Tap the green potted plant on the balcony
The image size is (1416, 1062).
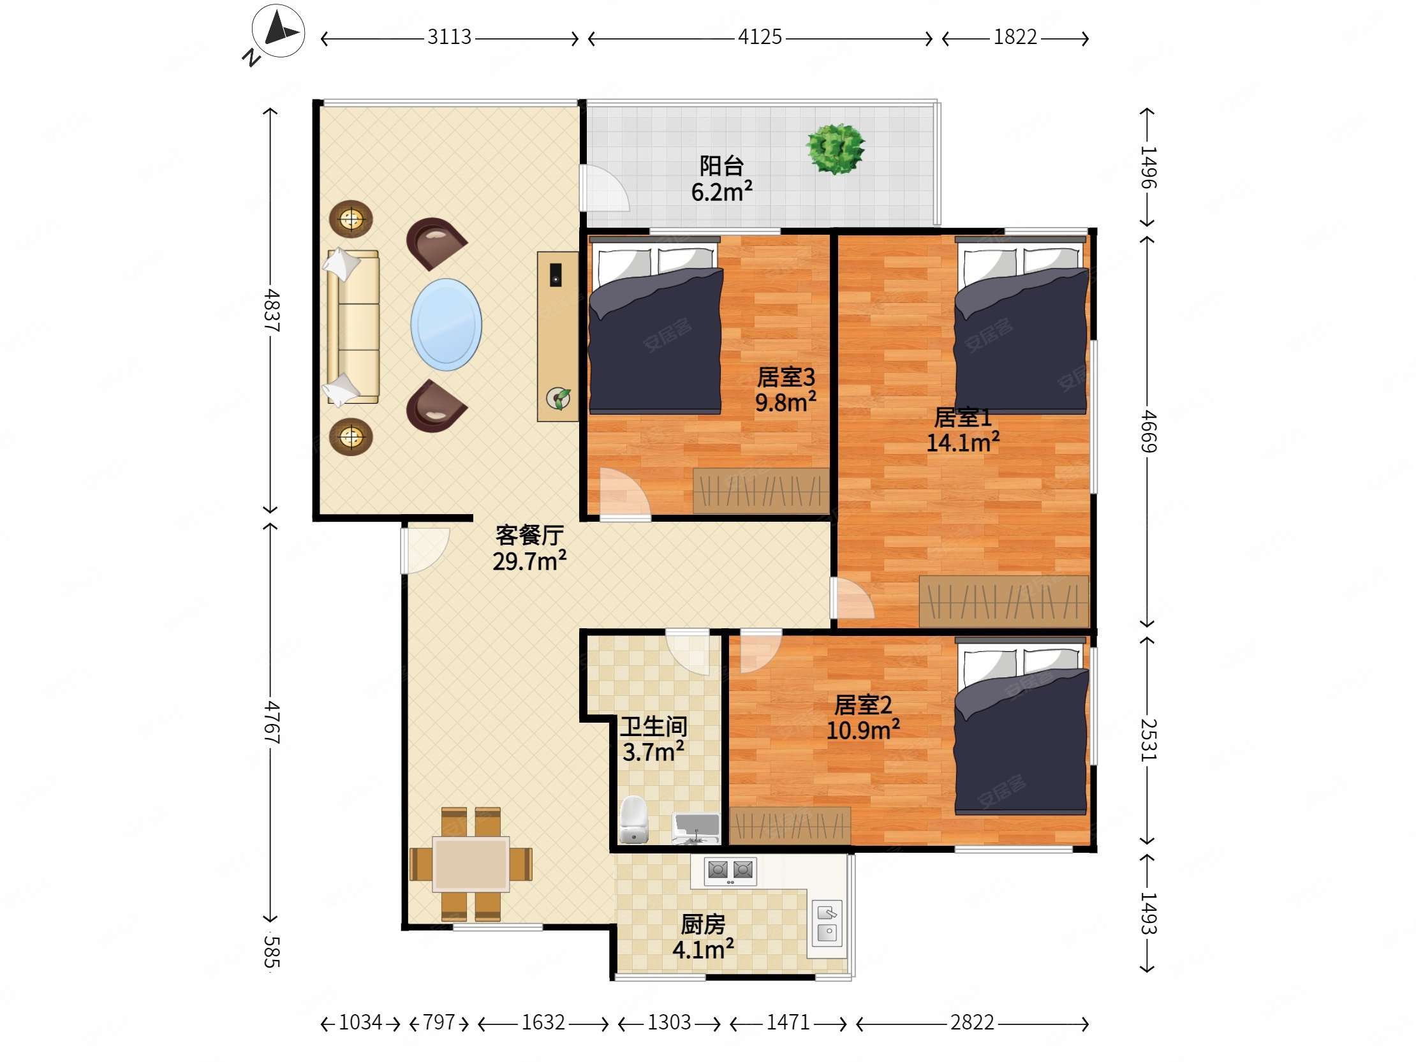coord(836,149)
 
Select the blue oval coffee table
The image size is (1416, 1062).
coord(446,324)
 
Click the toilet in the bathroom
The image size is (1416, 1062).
coord(634,820)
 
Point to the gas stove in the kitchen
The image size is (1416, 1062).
coord(730,871)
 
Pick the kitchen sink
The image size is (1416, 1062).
coord(827,924)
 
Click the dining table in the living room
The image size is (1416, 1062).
coord(471,864)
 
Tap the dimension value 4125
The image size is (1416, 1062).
coord(760,37)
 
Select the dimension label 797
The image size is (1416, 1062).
coord(439,1022)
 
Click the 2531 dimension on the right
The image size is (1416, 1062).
coord(1149,739)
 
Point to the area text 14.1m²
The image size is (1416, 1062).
coord(963,441)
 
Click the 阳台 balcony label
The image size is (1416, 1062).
coord(721,166)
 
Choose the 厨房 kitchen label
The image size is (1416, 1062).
coord(703,924)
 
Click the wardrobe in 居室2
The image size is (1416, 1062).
coord(790,826)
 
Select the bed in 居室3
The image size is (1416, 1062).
coord(656,325)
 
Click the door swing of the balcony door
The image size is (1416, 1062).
coord(605,188)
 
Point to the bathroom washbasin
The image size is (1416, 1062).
coord(696,829)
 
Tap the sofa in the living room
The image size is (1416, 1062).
coord(353,327)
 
